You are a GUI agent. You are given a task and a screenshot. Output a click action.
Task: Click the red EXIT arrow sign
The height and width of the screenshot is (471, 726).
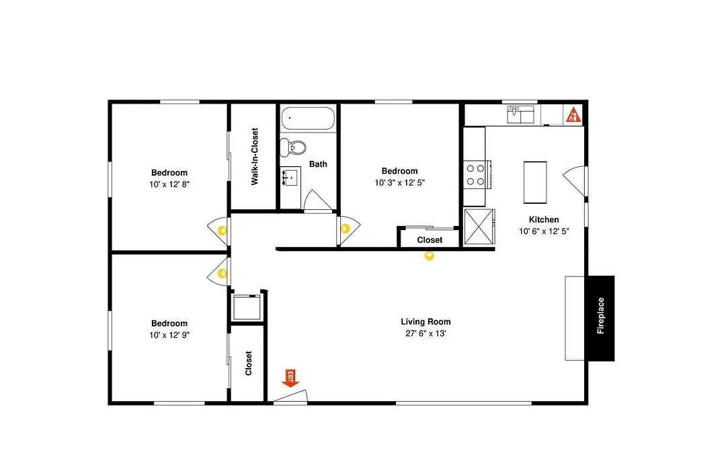coord(290,378)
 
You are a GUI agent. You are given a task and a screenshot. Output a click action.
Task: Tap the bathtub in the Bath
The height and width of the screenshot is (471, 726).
coord(308,118)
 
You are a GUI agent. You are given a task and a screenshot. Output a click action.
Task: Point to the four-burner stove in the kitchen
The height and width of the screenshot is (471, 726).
coord(477,174)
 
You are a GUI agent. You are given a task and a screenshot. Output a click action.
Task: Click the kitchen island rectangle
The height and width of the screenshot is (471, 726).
coord(535,182)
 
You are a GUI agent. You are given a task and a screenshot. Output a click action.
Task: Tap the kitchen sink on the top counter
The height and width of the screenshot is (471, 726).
coord(520,114)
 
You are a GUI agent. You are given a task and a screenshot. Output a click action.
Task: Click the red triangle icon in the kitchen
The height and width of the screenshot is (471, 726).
coord(573,114)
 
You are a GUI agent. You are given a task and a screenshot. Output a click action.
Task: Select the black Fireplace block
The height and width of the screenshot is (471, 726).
coord(600,318)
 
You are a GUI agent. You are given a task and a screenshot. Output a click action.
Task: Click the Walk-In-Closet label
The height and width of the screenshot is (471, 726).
coord(254,157)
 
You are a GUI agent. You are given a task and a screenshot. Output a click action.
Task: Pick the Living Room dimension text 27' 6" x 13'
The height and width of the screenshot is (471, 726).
coord(426,333)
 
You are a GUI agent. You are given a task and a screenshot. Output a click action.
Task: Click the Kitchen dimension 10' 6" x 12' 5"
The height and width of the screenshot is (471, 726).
coord(544,231)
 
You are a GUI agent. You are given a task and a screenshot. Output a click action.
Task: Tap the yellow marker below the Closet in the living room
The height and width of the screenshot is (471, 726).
coord(429,256)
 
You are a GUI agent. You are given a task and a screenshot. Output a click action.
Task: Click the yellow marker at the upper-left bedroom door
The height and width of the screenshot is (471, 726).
coord(223,230)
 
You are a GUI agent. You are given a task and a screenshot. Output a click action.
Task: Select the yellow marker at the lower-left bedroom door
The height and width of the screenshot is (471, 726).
coord(223,273)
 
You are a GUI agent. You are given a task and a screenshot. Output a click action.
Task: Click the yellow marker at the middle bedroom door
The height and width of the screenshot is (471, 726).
coord(345,229)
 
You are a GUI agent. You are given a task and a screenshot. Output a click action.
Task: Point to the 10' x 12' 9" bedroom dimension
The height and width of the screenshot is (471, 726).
coord(169,334)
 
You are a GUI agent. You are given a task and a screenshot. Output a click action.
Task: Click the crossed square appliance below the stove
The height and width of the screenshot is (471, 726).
coord(479,226)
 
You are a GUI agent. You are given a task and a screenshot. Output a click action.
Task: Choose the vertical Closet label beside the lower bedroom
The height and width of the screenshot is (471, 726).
coord(248,363)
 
